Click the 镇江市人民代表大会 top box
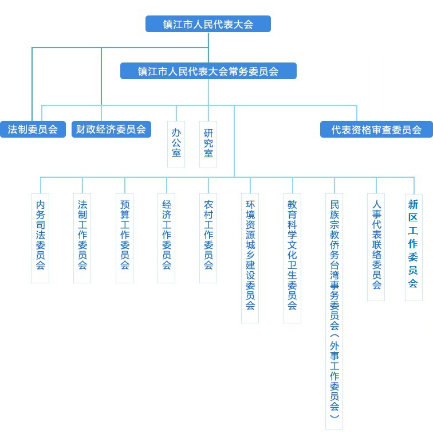point(208,24)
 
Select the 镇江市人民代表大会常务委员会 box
point(208,71)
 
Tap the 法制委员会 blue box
point(33,129)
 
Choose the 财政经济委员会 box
point(111,129)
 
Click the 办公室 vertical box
point(176,144)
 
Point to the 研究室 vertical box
point(208,144)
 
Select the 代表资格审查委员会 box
point(376,129)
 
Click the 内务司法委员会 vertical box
point(40,238)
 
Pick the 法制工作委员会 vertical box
point(82,238)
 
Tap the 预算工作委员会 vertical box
point(124,238)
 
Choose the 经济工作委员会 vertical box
point(167,238)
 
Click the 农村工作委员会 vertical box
point(208,238)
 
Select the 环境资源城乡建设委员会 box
point(250,258)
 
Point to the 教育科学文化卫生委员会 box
point(293,258)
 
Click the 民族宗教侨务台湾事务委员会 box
point(334,311)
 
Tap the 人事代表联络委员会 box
point(376,247)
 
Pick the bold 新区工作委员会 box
point(414,247)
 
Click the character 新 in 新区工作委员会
point(413,205)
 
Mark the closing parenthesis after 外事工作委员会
point(334,415)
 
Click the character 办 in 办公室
point(176,133)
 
